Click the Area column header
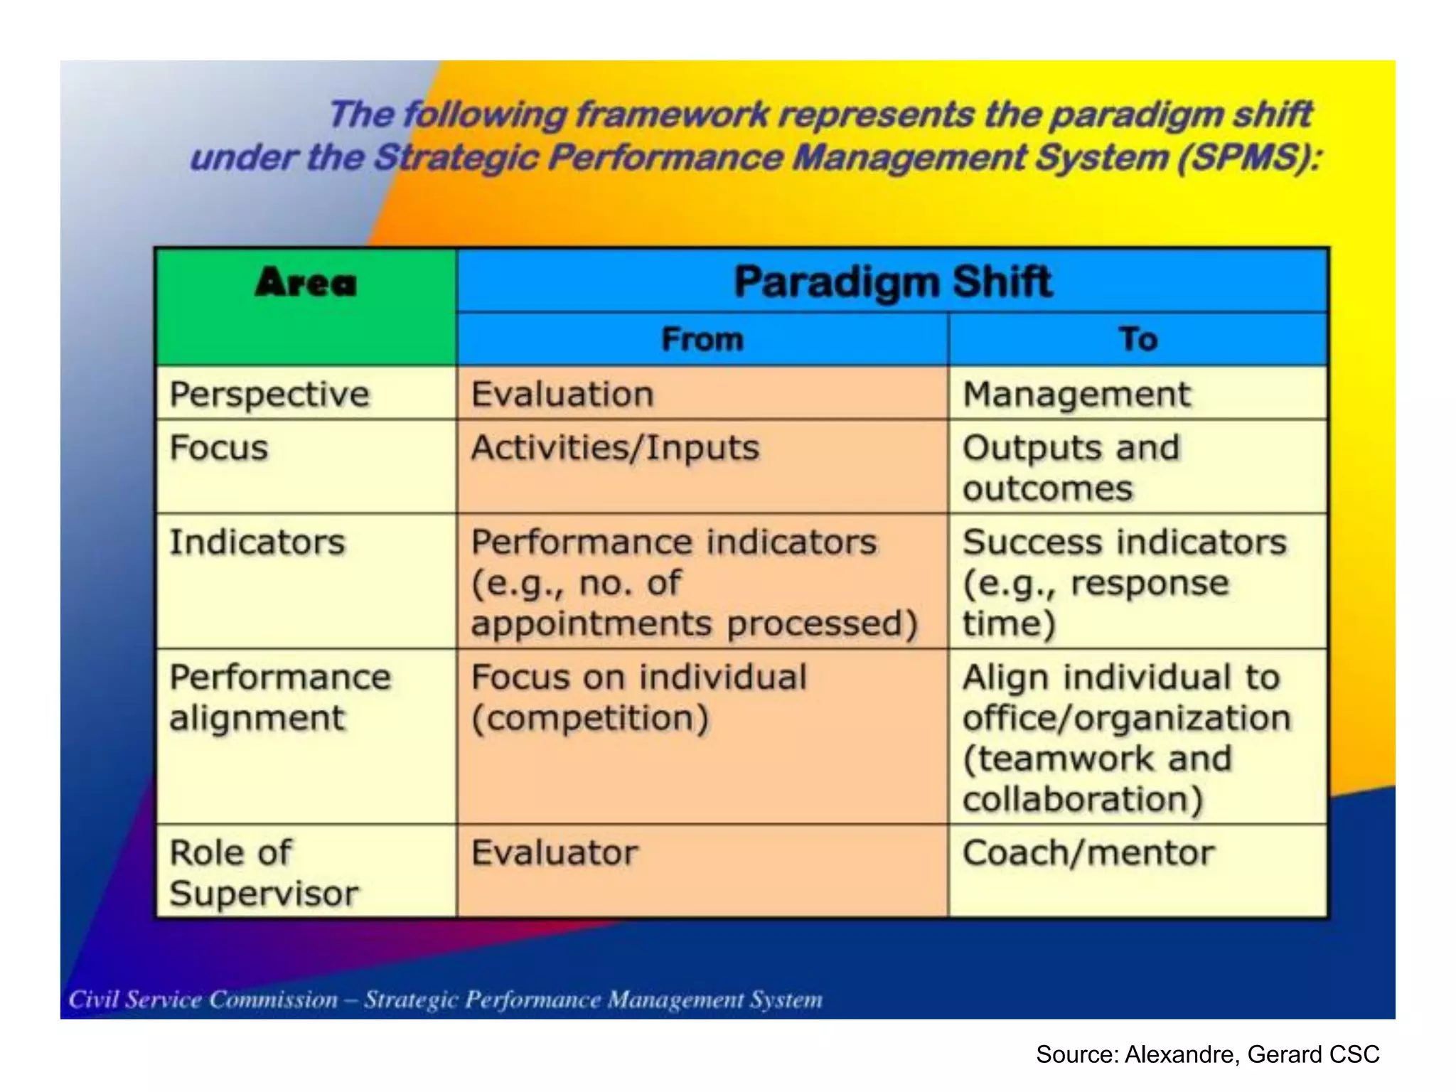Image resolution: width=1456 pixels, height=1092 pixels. click(x=306, y=283)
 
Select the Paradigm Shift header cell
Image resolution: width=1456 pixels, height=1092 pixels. click(x=892, y=282)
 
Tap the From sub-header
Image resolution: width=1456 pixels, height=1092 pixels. click(x=702, y=339)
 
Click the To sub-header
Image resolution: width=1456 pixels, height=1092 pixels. click(x=1138, y=339)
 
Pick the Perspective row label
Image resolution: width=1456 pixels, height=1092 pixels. click(x=269, y=395)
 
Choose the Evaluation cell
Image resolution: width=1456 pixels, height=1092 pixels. click(x=562, y=395)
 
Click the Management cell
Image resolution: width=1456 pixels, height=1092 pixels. click(x=1076, y=395)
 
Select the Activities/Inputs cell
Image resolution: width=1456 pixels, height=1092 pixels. click(x=615, y=449)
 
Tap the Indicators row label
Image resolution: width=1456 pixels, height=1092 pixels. click(x=257, y=542)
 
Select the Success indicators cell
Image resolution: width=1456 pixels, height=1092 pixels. click(x=1124, y=542)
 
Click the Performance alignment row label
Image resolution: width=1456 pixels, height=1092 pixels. click(x=279, y=697)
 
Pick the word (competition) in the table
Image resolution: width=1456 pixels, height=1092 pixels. click(x=590, y=718)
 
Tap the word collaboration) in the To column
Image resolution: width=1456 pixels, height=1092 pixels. click(x=1082, y=799)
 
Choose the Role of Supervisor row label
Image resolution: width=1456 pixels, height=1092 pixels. click(x=264, y=872)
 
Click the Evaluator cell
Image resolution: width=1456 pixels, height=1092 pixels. click(x=555, y=852)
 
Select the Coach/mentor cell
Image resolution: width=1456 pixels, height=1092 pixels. click(x=1088, y=852)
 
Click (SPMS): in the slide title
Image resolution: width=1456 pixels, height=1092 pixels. click(x=1248, y=157)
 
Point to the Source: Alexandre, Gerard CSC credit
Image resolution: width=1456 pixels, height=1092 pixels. click(x=1207, y=1054)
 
